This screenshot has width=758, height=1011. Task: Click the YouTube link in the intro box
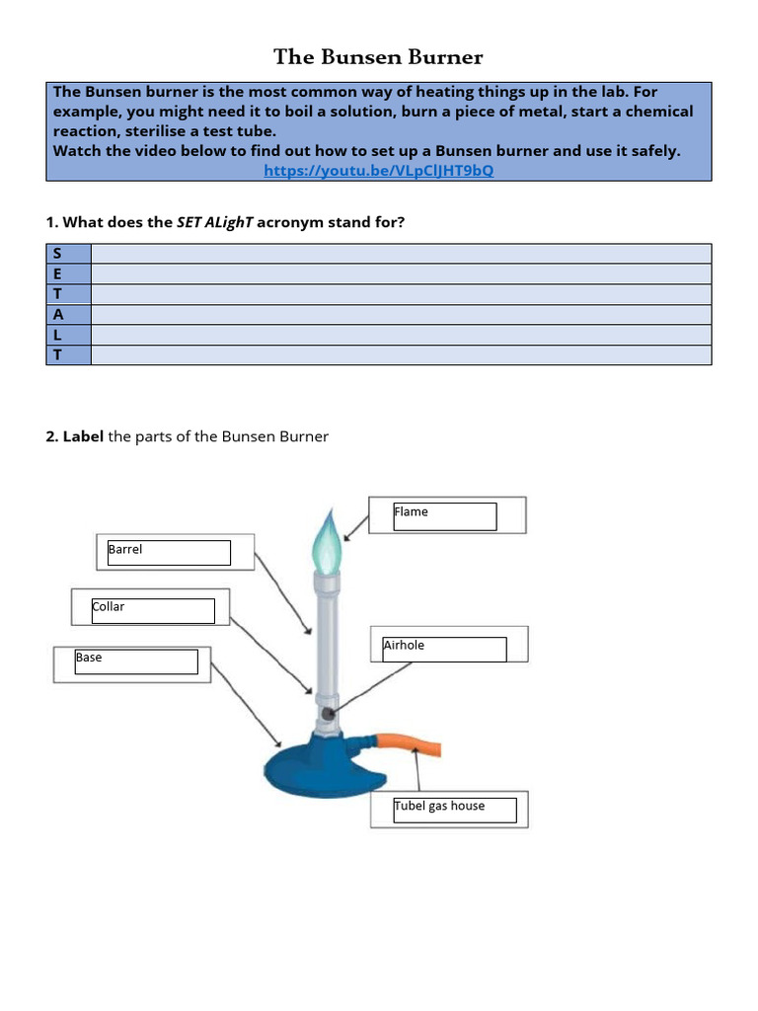click(x=379, y=171)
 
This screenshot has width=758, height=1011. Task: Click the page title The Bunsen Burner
click(x=379, y=57)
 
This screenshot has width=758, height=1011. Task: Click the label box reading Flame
click(x=445, y=515)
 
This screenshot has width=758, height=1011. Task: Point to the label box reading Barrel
click(x=169, y=552)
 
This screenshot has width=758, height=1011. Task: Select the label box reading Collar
click(x=152, y=609)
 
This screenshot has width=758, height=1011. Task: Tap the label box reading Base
click(x=136, y=661)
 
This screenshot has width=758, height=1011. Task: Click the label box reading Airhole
click(x=444, y=648)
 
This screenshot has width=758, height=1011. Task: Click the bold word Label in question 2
click(x=83, y=436)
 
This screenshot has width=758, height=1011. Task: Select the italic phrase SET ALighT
click(x=228, y=222)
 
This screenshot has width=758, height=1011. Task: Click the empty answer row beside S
click(x=401, y=254)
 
